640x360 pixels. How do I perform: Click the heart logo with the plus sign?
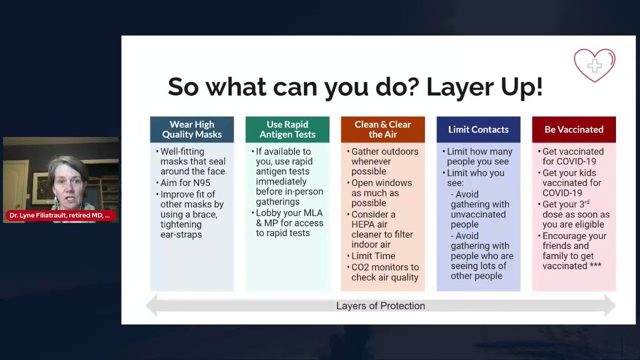point(595,66)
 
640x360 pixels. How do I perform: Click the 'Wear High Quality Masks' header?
point(192,130)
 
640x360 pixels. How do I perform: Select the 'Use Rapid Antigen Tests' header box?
point(287,130)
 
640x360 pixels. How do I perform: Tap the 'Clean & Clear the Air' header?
point(383,130)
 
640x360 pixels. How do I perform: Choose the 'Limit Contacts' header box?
point(478,130)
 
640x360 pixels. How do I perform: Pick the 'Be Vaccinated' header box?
point(574,130)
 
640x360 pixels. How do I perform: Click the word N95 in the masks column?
point(202,183)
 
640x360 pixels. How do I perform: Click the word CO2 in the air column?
point(361,267)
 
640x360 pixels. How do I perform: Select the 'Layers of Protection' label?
point(381,306)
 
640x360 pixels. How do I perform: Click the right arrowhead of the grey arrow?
point(610,306)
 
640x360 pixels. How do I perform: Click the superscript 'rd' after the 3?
point(587,202)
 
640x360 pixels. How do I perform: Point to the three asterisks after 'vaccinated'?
point(595,265)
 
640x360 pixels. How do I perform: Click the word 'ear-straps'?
point(181,235)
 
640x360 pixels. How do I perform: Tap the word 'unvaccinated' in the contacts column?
point(478,214)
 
